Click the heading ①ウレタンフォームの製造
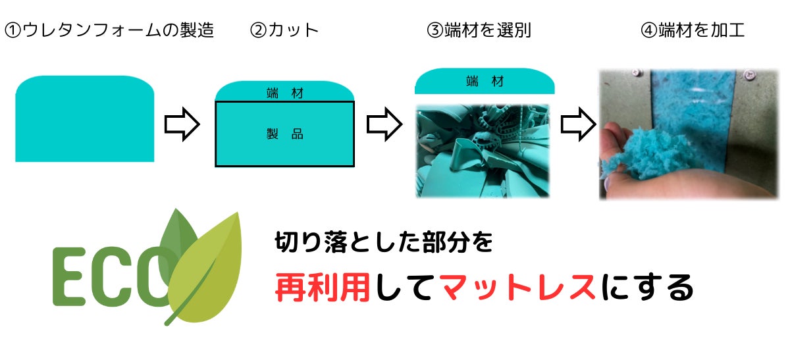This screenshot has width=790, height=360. [109, 30]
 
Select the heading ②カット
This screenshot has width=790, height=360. [284, 30]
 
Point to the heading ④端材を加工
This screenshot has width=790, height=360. [693, 30]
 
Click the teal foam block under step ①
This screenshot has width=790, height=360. [84, 120]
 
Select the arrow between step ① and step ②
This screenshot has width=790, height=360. [181, 125]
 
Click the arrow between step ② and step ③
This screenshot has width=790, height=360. [384, 125]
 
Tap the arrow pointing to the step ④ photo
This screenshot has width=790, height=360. [577, 125]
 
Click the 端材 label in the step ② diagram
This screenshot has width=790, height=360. [285, 93]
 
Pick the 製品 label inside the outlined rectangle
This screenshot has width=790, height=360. [285, 134]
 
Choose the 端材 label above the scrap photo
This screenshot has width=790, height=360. [485, 82]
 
